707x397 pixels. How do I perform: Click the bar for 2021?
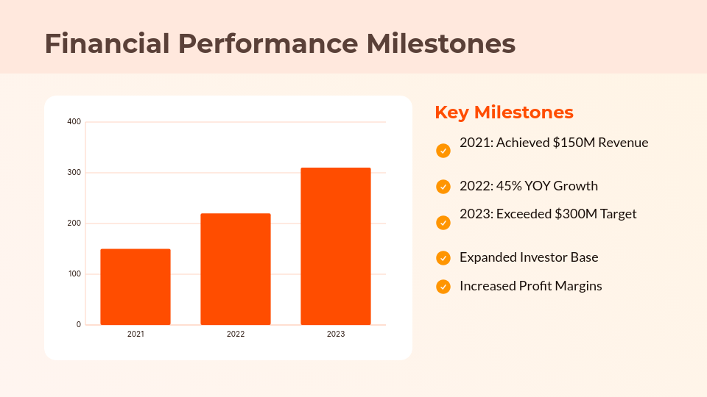136,287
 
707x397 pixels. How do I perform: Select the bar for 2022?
236,269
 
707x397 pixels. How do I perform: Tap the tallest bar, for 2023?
336,246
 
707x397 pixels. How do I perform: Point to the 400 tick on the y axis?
74,122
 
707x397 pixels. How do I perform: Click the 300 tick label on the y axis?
74,173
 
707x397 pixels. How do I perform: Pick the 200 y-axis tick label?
74,223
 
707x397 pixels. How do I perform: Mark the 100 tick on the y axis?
74,274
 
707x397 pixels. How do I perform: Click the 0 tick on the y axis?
78,325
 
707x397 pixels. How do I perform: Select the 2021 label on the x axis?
136,335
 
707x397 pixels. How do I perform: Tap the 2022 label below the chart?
236,335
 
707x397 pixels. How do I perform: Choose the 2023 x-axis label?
336,335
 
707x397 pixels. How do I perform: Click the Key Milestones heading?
504,112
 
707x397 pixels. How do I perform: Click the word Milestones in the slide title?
441,44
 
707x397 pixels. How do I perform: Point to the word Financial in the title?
107,44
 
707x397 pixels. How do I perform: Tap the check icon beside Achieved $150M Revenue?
443,151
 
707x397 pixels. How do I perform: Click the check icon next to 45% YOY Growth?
443,187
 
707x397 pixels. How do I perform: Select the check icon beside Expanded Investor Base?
443,258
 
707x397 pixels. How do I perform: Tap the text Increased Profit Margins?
530,286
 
